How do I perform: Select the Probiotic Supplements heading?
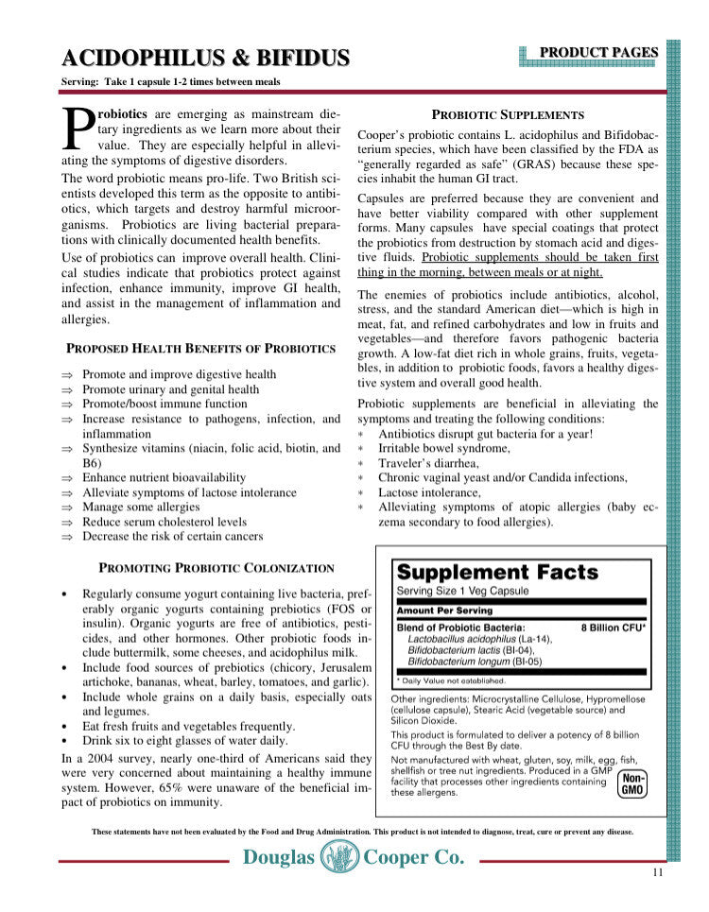click(x=508, y=114)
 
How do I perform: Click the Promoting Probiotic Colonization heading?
click(x=216, y=568)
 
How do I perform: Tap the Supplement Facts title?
click(x=496, y=572)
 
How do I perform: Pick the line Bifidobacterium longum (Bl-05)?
click(x=473, y=662)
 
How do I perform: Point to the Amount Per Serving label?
click(x=445, y=611)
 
